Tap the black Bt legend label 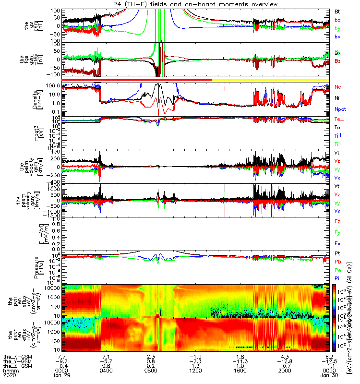click(338, 11)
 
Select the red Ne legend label click(338, 87)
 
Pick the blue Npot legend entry click(340, 109)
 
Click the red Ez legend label click(338, 221)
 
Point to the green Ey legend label click(338, 233)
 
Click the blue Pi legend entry click(338, 278)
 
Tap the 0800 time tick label click(151, 370)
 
